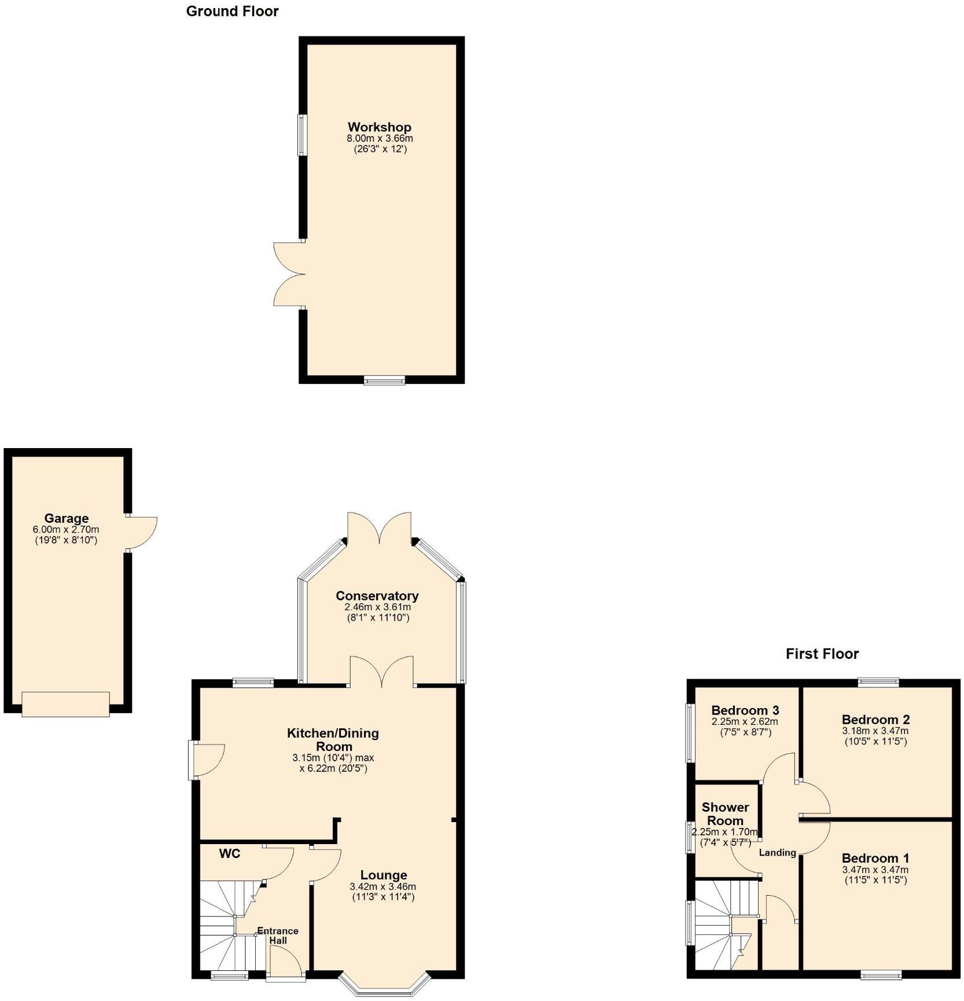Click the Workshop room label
pos(379,127)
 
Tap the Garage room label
pos(67,518)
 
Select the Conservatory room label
pos(377,596)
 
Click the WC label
pos(230,853)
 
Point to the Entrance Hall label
pos(278,935)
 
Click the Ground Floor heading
pos(232,11)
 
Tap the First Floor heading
pos(822,654)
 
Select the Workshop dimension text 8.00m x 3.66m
pos(380,138)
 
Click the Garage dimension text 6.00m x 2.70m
pos(66,529)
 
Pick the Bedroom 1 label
pos(875,858)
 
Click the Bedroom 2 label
pos(875,720)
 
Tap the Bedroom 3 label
pos(745,710)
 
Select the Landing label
pos(777,852)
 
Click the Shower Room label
pos(725,813)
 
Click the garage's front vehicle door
pos(65,704)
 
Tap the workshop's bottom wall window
pos(384,380)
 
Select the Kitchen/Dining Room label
pos(333,739)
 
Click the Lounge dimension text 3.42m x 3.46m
pos(382,886)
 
